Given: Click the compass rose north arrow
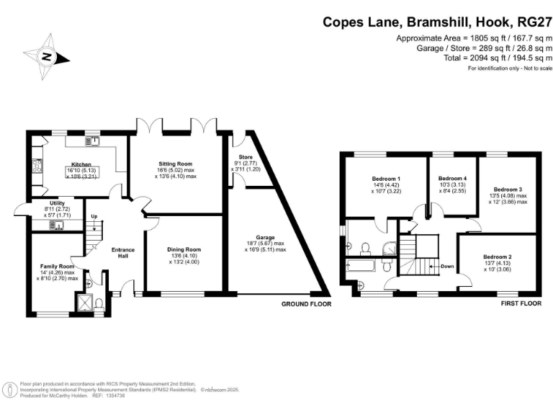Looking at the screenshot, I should pos(46,57).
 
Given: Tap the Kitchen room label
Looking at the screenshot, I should pos(79,164).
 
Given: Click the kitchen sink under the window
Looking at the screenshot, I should pos(92,141).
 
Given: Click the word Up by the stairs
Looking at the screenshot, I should pos(94,215).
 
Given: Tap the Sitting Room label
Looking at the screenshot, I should pos(174,164).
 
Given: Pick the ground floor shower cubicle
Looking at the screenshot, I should pos(84,305).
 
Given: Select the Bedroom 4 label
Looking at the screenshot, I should pos(453,178).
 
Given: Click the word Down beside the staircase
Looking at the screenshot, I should pos(447,266).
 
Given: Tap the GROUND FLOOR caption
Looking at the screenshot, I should pos(306,305).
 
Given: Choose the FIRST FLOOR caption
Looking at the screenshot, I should pos(521,304).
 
